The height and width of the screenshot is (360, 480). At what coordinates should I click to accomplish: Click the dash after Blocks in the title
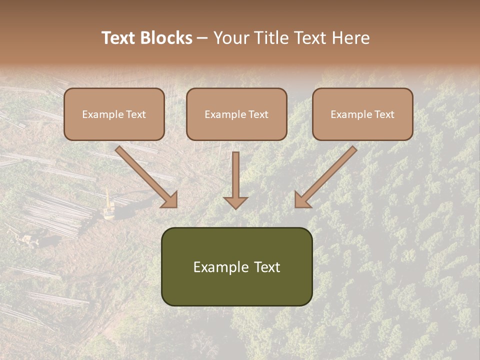202,38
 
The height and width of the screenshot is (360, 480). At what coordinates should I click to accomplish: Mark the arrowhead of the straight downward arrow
235,202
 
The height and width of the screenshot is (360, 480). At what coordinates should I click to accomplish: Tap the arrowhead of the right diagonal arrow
302,200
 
